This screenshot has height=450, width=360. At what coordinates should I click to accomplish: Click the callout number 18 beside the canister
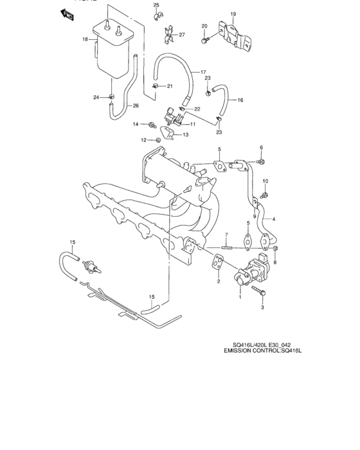tap(85, 39)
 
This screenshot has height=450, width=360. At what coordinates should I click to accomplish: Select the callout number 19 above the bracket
tap(233, 14)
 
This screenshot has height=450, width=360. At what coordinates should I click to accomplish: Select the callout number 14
tap(136, 124)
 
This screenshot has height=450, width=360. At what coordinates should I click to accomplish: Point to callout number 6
tap(262, 147)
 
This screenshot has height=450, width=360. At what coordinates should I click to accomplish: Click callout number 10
tap(265, 181)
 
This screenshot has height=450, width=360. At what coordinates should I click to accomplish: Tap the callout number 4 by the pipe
tap(274, 219)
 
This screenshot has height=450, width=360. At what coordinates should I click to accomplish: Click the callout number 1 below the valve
tap(240, 297)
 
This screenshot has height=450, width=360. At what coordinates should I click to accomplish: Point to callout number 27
tap(182, 34)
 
